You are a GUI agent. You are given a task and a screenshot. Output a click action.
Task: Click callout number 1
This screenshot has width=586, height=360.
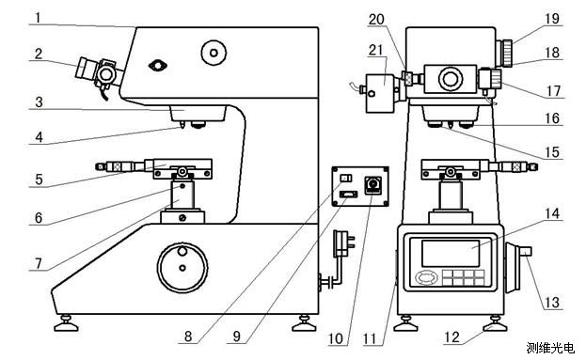[x=39, y=18]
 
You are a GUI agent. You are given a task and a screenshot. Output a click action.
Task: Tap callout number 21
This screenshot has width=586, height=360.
[x=376, y=50]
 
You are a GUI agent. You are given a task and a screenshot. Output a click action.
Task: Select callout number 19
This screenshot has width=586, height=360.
[x=552, y=19]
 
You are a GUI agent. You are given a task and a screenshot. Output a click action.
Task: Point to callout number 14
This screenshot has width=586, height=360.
[x=552, y=213]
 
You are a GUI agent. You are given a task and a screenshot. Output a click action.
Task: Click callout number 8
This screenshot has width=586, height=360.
[x=188, y=337]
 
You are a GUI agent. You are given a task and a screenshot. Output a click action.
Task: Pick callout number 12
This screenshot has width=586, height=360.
[x=451, y=337]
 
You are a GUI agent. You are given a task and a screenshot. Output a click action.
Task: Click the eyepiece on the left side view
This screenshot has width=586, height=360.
[x=86, y=70]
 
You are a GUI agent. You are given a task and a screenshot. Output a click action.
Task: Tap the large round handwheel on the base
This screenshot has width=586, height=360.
[x=182, y=268]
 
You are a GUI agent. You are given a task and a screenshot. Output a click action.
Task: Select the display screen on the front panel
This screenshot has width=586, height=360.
[x=451, y=253]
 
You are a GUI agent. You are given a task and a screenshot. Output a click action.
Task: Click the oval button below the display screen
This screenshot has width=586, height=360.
[x=426, y=277]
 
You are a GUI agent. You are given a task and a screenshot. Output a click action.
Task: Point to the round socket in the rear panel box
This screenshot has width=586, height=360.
[x=373, y=184]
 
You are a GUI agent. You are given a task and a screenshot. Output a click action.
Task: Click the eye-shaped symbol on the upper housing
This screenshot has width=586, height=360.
[x=158, y=66]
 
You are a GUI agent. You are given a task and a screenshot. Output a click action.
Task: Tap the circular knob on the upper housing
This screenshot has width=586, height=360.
[x=214, y=53]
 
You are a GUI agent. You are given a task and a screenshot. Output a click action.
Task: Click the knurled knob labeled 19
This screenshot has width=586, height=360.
[x=506, y=53]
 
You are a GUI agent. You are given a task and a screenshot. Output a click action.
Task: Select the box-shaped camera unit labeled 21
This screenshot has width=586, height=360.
[x=380, y=93]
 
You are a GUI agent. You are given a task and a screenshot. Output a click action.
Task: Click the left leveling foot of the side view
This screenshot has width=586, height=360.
[x=66, y=324]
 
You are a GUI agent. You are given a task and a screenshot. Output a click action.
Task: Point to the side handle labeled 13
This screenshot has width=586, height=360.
[x=517, y=268]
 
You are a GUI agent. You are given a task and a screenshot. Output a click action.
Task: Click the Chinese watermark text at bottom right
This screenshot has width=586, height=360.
[x=550, y=348]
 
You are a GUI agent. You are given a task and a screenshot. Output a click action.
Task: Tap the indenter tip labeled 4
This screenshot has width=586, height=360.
[x=182, y=125]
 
